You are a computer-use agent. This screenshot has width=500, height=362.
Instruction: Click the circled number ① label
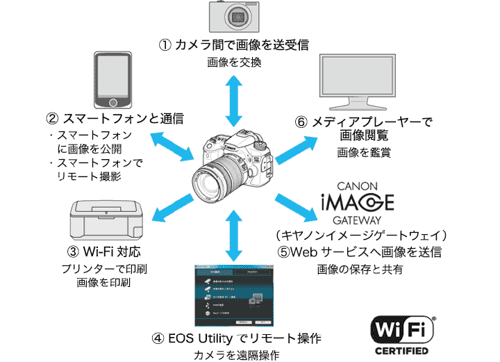pyautogui.click(x=165, y=45)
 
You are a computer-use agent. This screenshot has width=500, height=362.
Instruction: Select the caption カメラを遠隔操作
pyautogui.click(x=236, y=356)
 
